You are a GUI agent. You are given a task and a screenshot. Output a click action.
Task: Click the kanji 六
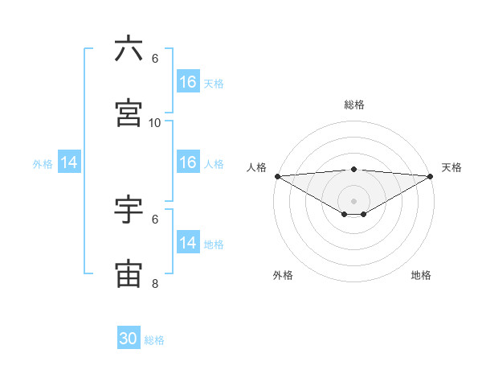129,49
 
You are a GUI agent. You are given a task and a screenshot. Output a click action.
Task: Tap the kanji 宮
129,113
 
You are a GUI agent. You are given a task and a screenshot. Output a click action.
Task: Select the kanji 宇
129,210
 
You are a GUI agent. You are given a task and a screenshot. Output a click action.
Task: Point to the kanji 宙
129,274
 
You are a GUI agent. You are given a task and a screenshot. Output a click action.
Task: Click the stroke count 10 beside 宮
155,123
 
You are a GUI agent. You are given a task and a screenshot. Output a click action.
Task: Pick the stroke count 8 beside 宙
155,284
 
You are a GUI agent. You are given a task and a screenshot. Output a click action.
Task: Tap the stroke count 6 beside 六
155,59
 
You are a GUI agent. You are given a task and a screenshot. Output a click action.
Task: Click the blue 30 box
129,339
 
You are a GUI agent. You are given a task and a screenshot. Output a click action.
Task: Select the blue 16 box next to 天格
187,82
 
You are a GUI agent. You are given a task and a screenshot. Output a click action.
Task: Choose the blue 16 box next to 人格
187,162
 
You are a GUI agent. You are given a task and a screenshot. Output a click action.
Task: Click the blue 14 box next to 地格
187,243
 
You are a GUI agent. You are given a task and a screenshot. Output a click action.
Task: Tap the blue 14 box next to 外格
69,162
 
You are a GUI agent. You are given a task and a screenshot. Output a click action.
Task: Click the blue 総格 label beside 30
154,340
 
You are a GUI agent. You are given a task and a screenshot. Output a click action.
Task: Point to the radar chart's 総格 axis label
354,105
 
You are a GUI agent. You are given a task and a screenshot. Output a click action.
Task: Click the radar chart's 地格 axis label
421,275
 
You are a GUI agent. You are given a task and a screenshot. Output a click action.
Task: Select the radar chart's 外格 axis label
283,275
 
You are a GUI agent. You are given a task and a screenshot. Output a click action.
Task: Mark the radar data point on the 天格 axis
431,176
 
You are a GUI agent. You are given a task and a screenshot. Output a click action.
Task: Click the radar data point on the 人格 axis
277,176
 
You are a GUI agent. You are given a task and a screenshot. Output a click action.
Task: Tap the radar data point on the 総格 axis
354,169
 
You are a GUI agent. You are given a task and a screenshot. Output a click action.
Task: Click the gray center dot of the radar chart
354,200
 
